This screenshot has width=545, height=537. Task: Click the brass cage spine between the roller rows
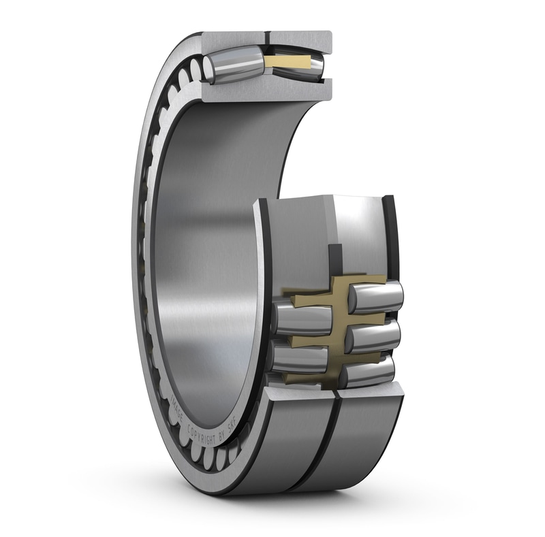[x=335, y=333]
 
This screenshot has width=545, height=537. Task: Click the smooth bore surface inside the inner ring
[x=204, y=238]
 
